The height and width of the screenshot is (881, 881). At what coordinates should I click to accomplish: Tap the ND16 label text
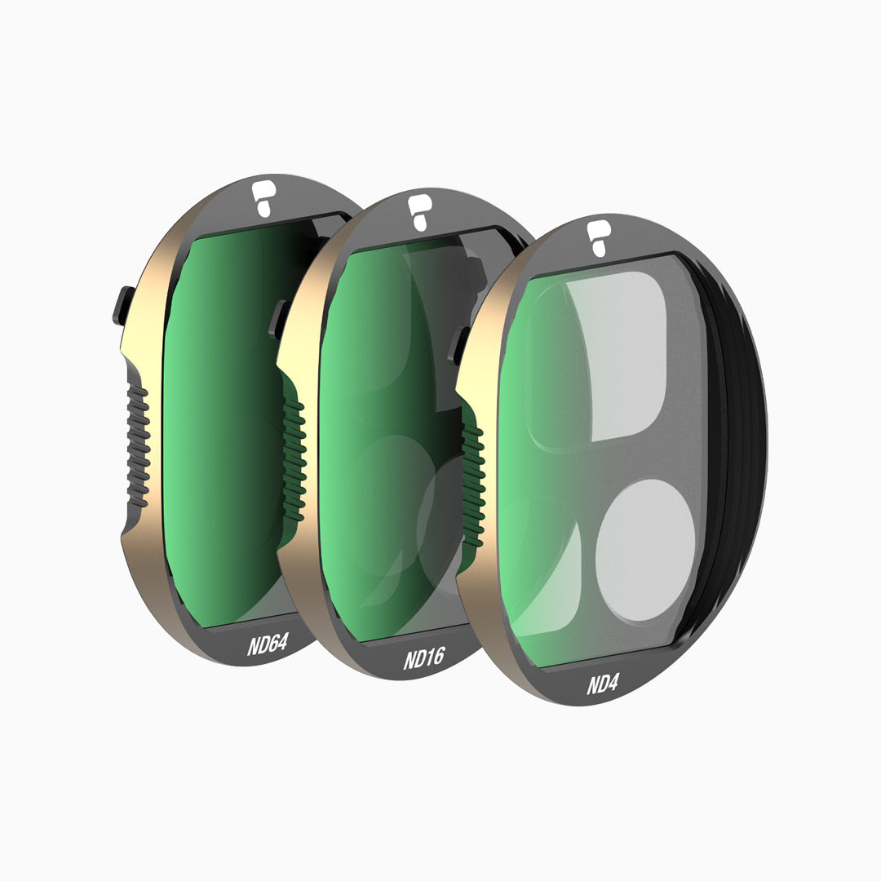[423, 657]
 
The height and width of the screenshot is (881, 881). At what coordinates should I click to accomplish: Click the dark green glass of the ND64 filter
[220, 424]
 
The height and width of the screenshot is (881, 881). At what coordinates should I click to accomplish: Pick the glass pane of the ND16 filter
[367, 424]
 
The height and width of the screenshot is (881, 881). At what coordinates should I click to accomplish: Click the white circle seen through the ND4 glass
[644, 551]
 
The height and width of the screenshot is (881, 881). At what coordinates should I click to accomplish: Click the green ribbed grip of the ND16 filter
[294, 457]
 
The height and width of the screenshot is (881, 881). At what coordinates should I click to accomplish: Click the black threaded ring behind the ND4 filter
[746, 457]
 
